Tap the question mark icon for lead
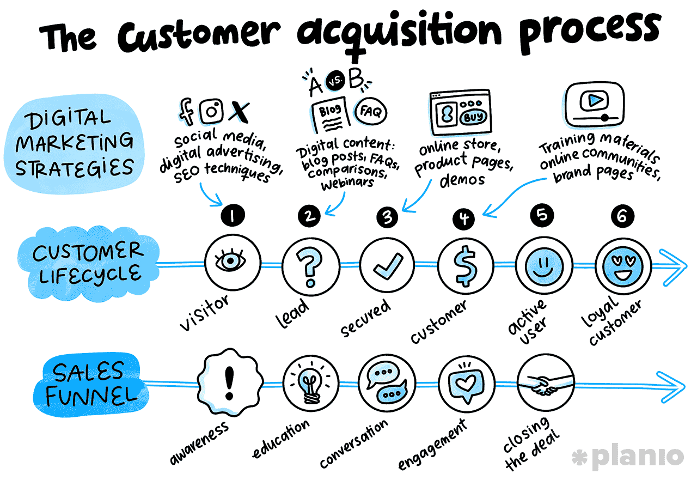click(310, 267)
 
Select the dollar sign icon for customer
click(465, 266)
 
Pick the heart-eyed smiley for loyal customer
click(622, 266)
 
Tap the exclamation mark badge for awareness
click(230, 382)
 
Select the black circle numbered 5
click(542, 215)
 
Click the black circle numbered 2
click(309, 216)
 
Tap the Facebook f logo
click(186, 111)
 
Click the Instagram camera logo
click(212, 111)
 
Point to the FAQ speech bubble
click(371, 111)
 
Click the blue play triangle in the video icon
click(596, 100)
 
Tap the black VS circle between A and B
click(335, 81)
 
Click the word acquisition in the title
click(399, 33)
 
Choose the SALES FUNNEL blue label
click(91, 385)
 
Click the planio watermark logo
click(628, 457)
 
